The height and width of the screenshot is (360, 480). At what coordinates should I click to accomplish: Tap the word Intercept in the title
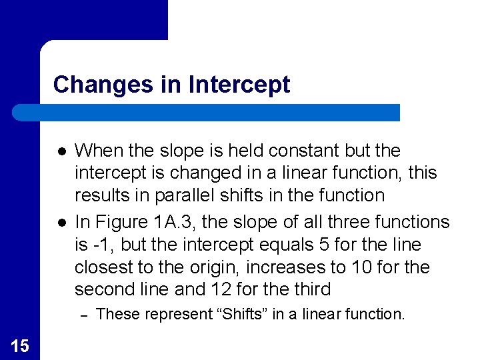click(x=240, y=85)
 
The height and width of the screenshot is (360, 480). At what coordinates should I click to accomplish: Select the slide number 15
click(x=19, y=345)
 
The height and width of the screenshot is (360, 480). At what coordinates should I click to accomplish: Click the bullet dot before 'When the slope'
click(x=59, y=151)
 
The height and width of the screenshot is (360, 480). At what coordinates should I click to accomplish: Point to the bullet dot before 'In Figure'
click(x=59, y=221)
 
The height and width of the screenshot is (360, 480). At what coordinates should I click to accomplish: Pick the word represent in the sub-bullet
click(x=162, y=314)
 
